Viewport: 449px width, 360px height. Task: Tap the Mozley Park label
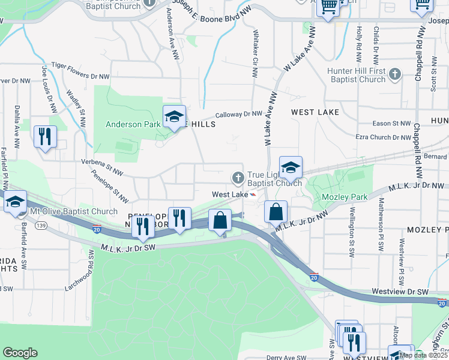click(x=343, y=197)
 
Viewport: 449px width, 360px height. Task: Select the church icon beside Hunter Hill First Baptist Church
click(x=394, y=74)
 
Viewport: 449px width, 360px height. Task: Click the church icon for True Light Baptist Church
click(x=238, y=177)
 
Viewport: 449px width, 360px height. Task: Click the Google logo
click(x=20, y=353)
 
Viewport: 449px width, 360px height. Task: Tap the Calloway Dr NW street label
click(x=239, y=114)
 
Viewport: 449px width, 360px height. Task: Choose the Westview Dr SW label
click(x=400, y=291)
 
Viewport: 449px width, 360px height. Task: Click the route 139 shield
click(x=41, y=224)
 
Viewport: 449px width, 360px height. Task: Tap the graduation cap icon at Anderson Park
click(x=173, y=117)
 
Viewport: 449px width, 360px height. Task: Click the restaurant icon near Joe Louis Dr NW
click(x=45, y=137)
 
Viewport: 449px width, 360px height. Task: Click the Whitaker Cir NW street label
click(x=256, y=54)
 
